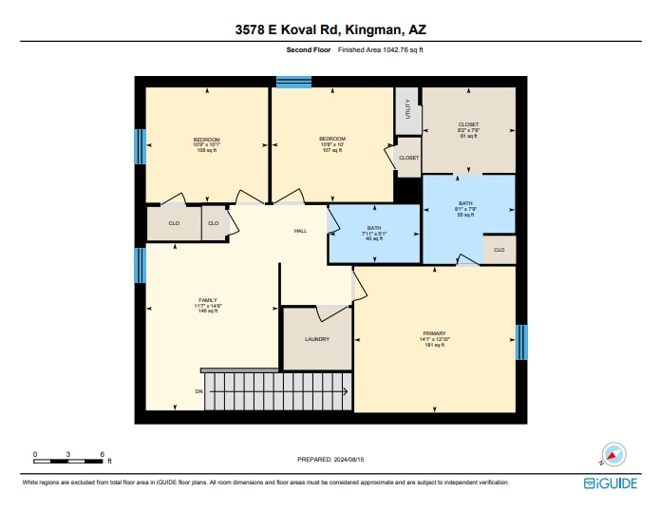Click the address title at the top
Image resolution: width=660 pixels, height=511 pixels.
pos(330,30)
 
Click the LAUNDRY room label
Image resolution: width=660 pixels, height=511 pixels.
pos(316,338)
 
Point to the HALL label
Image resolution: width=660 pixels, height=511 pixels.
pos(300,231)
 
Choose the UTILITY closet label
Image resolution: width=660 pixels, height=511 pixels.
pos(406,112)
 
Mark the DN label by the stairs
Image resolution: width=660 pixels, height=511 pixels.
pos(199,391)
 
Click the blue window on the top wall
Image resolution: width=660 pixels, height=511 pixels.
pos(293,83)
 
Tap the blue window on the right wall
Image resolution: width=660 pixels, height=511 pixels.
pos(520,342)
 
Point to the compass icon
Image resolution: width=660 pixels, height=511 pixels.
pos(613,455)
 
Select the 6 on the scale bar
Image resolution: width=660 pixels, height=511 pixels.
pos(101,454)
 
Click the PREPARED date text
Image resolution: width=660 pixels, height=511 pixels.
pos(330,459)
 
